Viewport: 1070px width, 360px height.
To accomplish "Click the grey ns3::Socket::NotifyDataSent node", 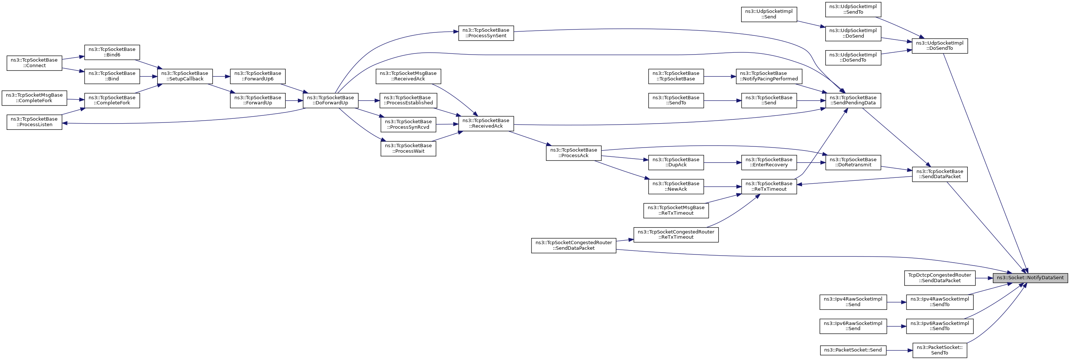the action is (1030, 278).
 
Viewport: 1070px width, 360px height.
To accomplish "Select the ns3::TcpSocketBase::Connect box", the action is (34, 63).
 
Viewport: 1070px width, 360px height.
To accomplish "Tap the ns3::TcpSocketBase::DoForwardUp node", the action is (331, 100).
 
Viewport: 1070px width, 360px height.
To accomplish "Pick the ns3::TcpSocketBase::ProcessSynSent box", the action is (486, 33).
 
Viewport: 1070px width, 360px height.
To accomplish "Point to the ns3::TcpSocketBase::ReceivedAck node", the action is (486, 123).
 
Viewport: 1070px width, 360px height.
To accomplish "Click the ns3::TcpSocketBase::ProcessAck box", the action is (574, 153).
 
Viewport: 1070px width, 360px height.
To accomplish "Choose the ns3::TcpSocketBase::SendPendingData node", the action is (853, 100).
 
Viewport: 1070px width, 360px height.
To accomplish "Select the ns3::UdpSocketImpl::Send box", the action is (769, 14).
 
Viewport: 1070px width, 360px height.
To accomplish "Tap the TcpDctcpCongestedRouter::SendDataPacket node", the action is (940, 278).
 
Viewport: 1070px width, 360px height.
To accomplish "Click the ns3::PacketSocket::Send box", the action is (853, 350).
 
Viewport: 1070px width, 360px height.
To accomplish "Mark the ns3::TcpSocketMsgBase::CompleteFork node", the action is (34, 98).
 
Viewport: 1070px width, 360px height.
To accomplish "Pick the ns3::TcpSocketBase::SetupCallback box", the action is (185, 76).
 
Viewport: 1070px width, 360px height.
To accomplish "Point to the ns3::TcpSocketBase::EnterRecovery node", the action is (769, 162).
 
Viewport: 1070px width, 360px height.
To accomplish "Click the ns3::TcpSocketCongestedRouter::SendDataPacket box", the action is (574, 245).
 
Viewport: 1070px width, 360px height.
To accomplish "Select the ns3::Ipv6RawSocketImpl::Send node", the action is (853, 326).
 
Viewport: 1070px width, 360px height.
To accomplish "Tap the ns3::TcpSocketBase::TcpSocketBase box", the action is (676, 76).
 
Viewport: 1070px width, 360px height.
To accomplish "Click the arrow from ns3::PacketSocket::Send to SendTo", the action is (899, 350).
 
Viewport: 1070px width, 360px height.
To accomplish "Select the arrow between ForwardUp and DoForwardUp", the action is (294, 100).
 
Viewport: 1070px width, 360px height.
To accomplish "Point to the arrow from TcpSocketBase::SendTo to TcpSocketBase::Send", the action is (722, 100).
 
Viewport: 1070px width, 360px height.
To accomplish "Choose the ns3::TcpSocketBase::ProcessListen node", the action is (34, 122).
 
